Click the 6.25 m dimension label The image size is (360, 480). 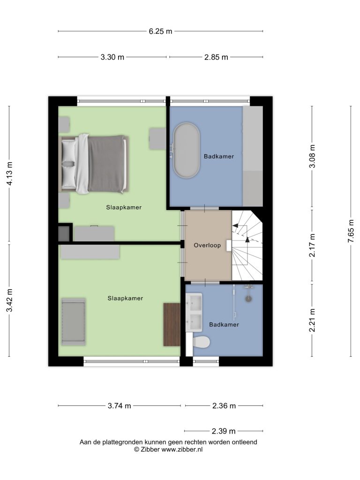(x=160, y=31)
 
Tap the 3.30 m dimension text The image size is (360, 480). (x=112, y=57)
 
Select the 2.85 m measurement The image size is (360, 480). (x=216, y=57)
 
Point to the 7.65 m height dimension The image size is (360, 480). (x=351, y=231)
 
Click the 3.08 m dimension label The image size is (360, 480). (x=312, y=156)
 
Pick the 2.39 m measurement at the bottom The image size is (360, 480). (x=224, y=431)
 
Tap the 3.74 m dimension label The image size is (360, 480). (x=120, y=406)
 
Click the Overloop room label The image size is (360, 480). (x=207, y=245)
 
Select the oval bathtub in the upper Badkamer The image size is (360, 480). (x=187, y=150)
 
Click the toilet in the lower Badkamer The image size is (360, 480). (x=202, y=342)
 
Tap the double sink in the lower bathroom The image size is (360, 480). (x=194, y=312)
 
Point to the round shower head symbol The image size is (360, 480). (x=248, y=299)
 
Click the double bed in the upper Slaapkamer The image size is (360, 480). (x=94, y=164)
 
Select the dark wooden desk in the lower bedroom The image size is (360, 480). (x=172, y=324)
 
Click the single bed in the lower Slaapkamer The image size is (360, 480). (x=74, y=322)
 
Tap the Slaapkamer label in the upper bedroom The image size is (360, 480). (x=124, y=208)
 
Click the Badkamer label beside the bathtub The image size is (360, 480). (x=219, y=157)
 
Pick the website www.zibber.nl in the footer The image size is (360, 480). (x=182, y=450)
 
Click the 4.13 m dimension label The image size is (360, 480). (x=9, y=173)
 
